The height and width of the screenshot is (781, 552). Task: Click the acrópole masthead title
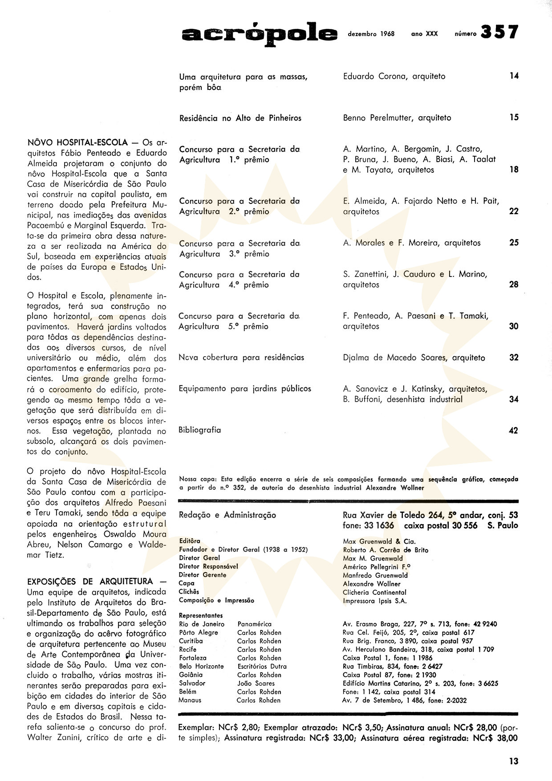260,34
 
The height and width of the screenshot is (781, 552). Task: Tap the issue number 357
499,32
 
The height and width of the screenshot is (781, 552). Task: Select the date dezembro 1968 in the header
371,34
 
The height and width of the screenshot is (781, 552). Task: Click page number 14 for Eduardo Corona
514,76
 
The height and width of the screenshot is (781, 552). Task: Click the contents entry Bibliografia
199,430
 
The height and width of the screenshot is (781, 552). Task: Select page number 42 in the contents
514,431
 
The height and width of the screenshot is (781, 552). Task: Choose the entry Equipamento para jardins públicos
245,389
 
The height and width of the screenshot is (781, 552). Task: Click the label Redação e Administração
227,515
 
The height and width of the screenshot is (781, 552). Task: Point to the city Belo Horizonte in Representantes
201,667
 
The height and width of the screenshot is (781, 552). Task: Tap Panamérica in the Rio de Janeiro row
254,624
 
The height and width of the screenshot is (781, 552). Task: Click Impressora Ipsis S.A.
375,601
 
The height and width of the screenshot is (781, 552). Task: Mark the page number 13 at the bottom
514,761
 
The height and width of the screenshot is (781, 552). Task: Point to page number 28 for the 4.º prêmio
514,285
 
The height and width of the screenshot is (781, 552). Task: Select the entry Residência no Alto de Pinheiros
240,118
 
